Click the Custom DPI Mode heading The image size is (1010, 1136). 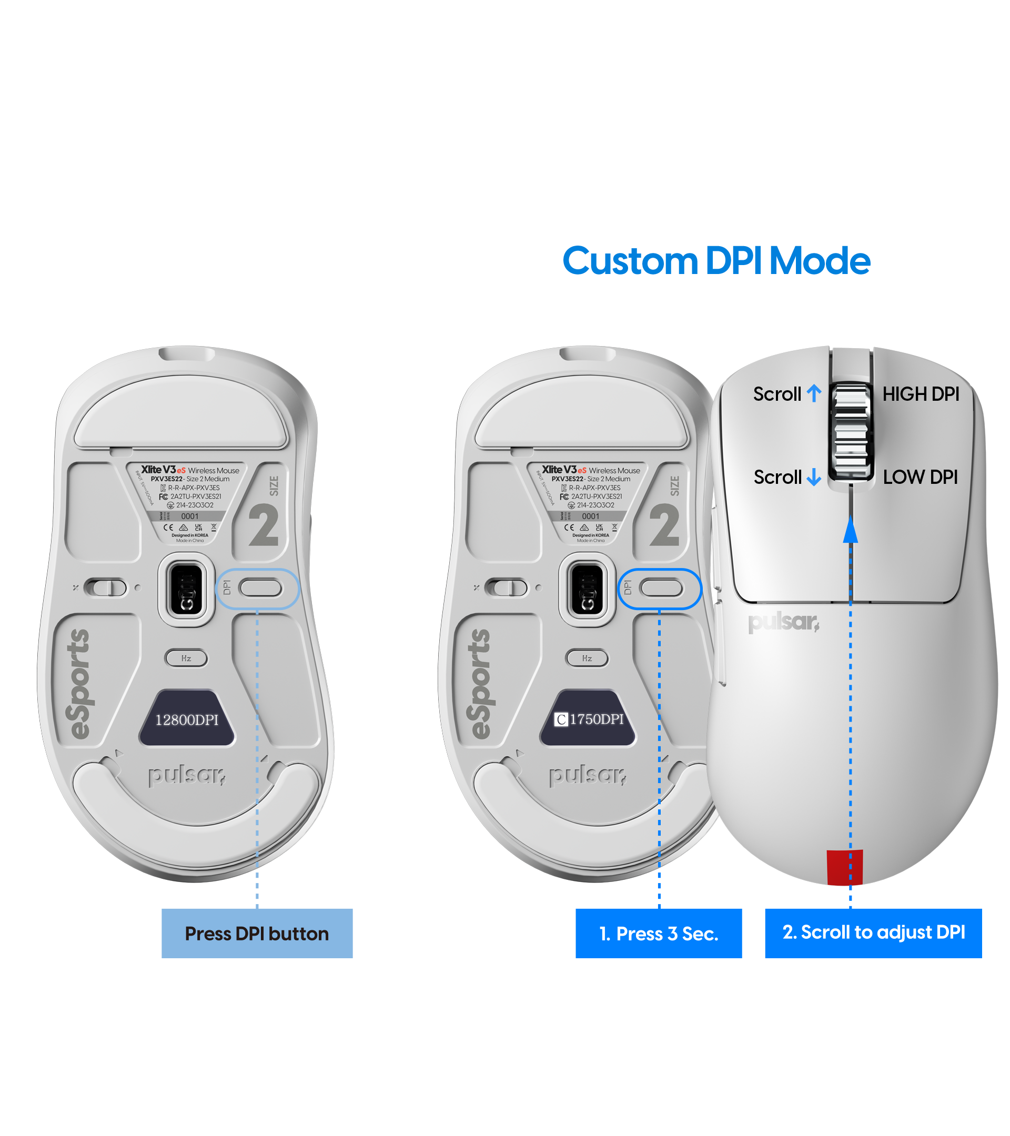pos(716,261)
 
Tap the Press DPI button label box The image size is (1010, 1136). pos(257,933)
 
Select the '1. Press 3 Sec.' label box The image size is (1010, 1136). pos(658,933)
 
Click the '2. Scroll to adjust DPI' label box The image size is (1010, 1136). pos(873,932)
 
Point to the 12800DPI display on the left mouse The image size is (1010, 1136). pos(187,719)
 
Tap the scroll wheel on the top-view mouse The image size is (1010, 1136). pos(851,431)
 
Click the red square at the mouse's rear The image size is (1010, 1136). pos(844,867)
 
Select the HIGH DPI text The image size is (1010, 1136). pos(921,394)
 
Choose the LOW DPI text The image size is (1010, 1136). pos(920,477)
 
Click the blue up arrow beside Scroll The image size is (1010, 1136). pos(814,393)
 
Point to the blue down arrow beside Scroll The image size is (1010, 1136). pos(814,477)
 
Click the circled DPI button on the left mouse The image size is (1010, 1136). pos(261,588)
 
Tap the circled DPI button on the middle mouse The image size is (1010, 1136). pos(661,588)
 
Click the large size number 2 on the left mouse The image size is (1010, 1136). pos(264,525)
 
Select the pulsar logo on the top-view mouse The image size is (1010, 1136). pos(783,623)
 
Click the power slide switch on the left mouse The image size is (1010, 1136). pos(106,587)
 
